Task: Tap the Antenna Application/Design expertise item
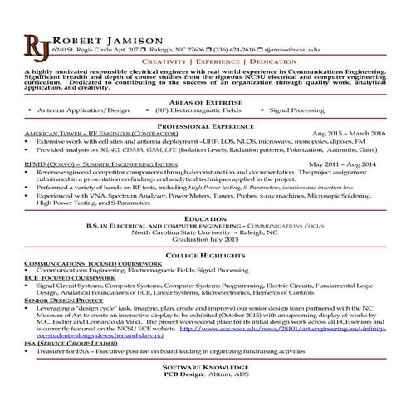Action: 84,110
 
